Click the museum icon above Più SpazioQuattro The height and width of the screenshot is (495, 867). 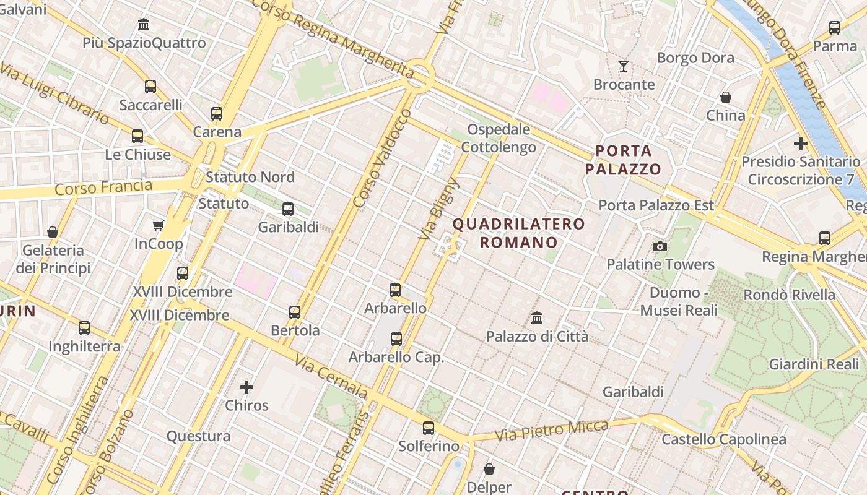click(144, 25)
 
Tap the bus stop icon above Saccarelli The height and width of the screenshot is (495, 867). click(150, 86)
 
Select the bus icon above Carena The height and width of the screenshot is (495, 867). click(216, 113)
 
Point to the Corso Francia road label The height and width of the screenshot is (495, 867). click(103, 187)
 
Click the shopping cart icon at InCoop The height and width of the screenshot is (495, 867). click(158, 225)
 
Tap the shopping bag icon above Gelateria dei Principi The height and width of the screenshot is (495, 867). click(53, 232)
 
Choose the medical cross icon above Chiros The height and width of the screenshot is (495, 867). click(246, 387)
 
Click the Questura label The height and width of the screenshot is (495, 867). click(198, 436)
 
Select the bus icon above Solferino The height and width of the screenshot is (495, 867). click(428, 428)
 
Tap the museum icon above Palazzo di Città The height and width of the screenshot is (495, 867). click(537, 318)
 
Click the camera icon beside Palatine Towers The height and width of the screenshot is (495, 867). click(660, 246)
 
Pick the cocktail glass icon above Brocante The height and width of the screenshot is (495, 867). click(623, 66)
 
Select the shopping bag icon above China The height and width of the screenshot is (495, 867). click(725, 97)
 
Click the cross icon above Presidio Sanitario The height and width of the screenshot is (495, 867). click(800, 144)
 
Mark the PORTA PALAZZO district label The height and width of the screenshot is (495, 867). click(624, 160)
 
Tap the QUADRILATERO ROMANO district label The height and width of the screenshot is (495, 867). click(519, 233)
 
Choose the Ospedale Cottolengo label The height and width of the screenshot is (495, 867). click(499, 138)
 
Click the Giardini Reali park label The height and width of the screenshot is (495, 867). click(813, 364)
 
